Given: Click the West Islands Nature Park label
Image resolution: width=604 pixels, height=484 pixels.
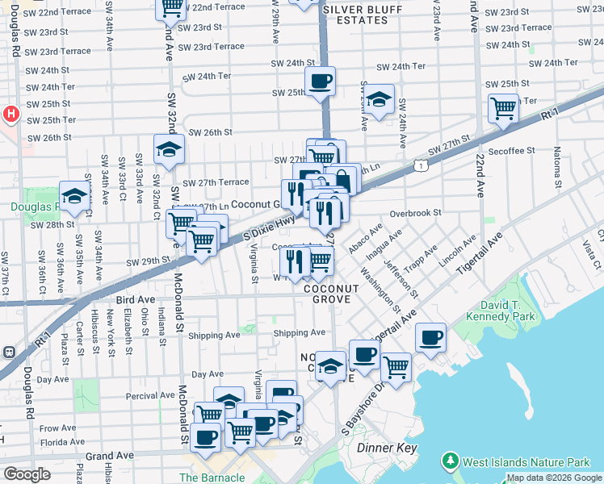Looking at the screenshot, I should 526,462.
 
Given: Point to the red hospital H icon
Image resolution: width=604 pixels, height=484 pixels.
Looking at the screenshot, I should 10,114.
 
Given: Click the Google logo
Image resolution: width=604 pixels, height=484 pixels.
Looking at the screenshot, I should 27,474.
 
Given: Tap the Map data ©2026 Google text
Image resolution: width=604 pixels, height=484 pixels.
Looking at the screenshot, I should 554,478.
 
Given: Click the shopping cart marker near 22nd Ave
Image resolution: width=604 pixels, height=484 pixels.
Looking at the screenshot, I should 504,107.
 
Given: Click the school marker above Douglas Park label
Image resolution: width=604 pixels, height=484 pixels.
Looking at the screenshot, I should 74,196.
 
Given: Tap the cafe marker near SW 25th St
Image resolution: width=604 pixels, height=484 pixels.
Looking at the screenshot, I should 321,81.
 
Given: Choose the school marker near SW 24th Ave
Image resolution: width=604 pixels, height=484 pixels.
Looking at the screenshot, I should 378,99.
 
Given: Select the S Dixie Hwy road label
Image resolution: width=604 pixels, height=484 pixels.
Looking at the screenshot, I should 269,227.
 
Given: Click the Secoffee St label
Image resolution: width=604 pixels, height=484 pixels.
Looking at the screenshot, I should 510,150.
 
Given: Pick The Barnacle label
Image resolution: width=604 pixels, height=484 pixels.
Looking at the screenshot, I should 212,478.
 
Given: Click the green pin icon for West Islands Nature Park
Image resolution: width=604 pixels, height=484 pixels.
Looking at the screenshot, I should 450,462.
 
